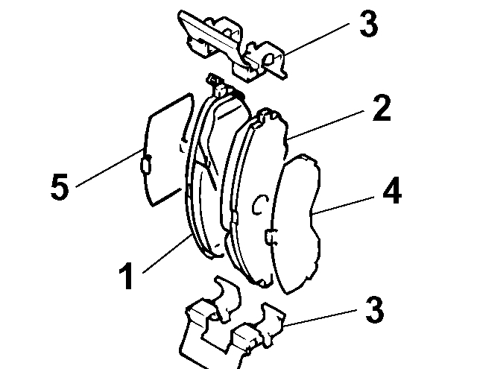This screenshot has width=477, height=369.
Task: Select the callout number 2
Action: (x=381, y=110)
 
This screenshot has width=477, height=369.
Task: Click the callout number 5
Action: (x=60, y=187)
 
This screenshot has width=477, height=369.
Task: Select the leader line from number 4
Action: (x=346, y=203)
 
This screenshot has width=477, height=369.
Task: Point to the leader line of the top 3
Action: (x=313, y=41)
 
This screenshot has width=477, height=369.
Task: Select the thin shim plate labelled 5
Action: (x=164, y=149)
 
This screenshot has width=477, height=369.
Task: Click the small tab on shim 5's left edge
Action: (x=146, y=162)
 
